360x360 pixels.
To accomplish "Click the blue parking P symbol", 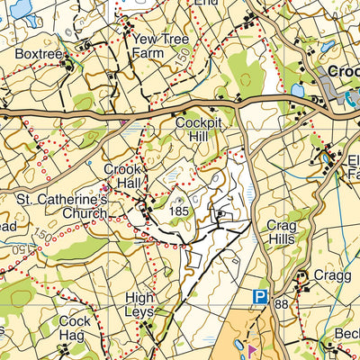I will tap(260, 296).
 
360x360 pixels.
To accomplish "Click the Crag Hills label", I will tap(283, 233).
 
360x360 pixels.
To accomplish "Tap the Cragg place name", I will tap(331, 276).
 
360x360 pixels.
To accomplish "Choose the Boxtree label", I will tap(37, 54).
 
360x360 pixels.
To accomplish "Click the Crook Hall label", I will tap(124, 175).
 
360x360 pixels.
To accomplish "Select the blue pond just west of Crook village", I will tap(298, 90).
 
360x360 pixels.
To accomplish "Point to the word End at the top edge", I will tap(206, 3).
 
